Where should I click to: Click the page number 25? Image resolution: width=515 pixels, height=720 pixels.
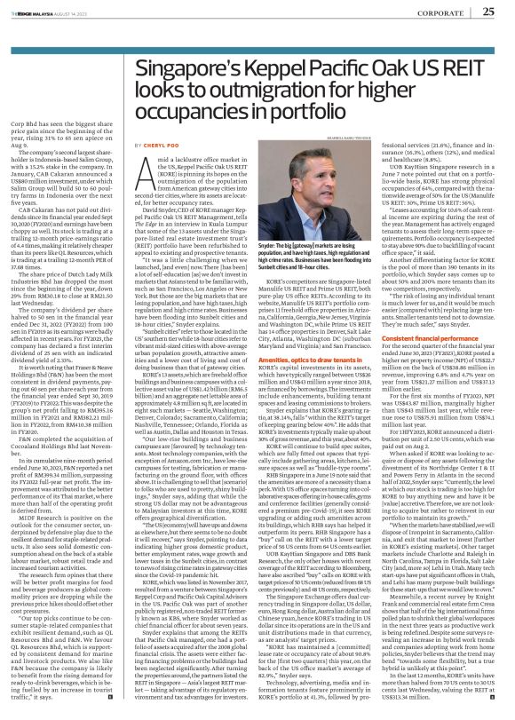tap(487, 12)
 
